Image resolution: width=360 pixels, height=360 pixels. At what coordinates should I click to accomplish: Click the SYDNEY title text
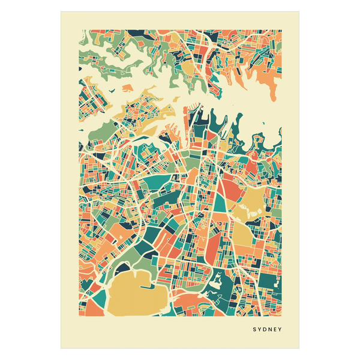266,329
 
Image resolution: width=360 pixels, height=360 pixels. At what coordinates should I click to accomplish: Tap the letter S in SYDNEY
254,329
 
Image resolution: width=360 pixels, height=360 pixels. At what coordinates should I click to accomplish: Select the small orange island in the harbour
126,88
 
